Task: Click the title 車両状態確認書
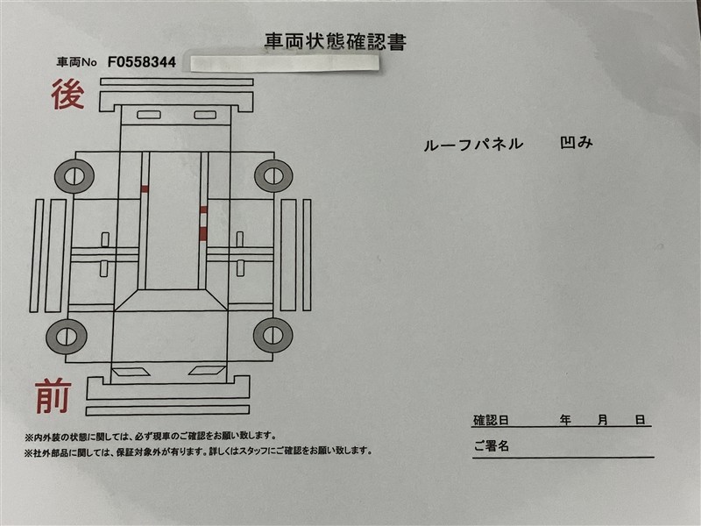[x=336, y=41]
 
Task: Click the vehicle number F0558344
[x=142, y=62]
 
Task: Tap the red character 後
[x=67, y=95]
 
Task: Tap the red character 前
[x=53, y=396]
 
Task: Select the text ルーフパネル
[x=473, y=145]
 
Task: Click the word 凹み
[x=577, y=143]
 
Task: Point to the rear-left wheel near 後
[x=74, y=176]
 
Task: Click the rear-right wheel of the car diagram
[x=273, y=175]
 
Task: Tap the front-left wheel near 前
[x=67, y=337]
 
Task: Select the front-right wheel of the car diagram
[x=273, y=335]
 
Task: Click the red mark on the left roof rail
[x=145, y=188]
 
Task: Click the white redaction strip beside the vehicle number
[x=285, y=63]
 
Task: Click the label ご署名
[x=492, y=445]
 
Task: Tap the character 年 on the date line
[x=565, y=420]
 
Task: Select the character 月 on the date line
[x=603, y=420]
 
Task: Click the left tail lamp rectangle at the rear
[x=149, y=115]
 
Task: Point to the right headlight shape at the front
[x=207, y=371]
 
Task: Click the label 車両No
[x=76, y=62]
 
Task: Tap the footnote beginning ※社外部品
[x=199, y=451]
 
